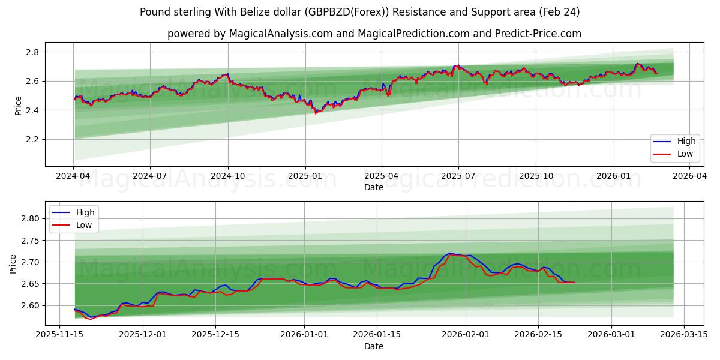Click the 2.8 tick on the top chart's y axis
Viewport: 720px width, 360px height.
click(x=31, y=52)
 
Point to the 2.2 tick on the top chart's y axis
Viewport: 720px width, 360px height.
click(x=31, y=139)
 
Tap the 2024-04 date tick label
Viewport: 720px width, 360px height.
click(x=73, y=176)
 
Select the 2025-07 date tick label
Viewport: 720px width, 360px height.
click(x=458, y=176)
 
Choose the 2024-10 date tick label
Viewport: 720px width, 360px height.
click(x=227, y=176)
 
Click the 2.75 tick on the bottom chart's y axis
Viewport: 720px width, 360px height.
click(x=29, y=241)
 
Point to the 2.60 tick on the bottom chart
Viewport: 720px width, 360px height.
click(x=29, y=305)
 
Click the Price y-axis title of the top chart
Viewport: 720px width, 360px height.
click(x=18, y=106)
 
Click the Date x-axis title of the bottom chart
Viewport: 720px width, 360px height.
click(x=373, y=346)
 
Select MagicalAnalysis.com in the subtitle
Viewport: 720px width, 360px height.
click(x=281, y=34)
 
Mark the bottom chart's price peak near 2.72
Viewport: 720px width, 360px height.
click(x=449, y=253)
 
